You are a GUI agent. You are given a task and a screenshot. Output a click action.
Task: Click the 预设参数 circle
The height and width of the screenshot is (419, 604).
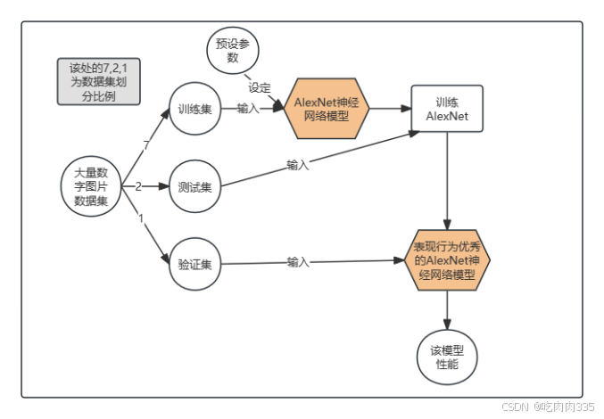coord(233,51)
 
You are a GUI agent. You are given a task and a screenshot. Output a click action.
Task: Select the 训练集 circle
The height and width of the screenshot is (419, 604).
coord(194,110)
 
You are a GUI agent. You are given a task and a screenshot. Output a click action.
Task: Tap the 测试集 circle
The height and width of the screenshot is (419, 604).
coord(194,187)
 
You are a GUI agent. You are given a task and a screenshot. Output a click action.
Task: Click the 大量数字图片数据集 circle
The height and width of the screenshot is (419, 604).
coord(91,185)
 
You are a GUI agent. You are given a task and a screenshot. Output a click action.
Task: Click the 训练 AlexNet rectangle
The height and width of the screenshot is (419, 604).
coord(446,109)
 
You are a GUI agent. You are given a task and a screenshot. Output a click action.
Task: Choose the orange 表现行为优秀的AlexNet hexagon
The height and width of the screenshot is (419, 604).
coord(447,259)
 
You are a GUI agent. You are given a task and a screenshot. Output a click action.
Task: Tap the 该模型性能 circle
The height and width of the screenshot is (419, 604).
coord(447,357)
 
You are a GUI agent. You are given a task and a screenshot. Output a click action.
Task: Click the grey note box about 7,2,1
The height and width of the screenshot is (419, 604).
coord(99,81)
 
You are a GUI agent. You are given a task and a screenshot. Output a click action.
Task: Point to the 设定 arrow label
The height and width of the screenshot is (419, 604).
coord(260,87)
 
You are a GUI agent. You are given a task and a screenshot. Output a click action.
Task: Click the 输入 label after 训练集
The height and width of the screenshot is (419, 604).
coord(248,109)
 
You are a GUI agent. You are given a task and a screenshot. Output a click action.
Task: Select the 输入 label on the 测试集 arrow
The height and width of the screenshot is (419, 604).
coord(297,165)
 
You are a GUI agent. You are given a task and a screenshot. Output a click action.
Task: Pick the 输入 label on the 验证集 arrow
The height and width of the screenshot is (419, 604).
coord(298,262)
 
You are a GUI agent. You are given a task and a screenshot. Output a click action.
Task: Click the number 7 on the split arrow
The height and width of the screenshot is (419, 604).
coord(145,145)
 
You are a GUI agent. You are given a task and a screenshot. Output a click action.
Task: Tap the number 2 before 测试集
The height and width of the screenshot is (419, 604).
coord(138,186)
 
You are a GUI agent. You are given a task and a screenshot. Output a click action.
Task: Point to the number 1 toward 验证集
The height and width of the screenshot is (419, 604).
coord(140,218)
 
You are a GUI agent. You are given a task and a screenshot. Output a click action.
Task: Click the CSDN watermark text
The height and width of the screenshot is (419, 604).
coord(547,406)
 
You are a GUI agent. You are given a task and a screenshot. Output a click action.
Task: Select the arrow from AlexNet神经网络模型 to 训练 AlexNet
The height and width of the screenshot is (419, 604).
coord(389,109)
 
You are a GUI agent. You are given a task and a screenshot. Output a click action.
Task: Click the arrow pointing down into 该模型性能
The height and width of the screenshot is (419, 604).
coord(447,312)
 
